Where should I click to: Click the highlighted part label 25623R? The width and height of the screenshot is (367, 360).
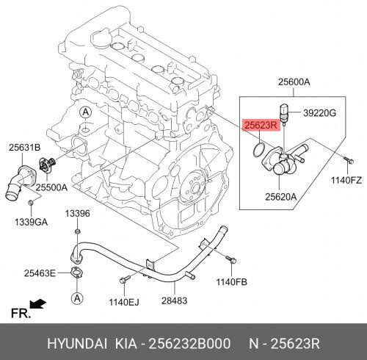click(x=261, y=125)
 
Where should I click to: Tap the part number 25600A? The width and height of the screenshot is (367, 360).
click(x=294, y=82)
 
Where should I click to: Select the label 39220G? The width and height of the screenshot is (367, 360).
click(x=319, y=113)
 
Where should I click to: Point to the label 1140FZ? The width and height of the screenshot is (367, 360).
click(x=346, y=181)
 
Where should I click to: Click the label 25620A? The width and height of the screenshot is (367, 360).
click(x=281, y=197)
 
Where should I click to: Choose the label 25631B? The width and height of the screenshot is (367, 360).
click(x=25, y=148)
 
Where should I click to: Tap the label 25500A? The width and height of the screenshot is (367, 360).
click(x=51, y=187)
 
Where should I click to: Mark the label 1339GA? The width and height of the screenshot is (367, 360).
click(x=31, y=222)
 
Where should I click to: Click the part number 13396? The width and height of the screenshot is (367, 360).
click(x=77, y=214)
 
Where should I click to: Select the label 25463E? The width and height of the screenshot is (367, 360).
click(x=40, y=273)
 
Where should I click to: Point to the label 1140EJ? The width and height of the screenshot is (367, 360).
click(x=124, y=302)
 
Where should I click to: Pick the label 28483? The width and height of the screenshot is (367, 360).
click(x=174, y=300)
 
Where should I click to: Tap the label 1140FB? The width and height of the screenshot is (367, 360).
click(x=231, y=282)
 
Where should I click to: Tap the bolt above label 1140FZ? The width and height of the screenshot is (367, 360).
click(x=349, y=160)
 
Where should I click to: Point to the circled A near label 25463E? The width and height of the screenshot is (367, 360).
click(x=77, y=298)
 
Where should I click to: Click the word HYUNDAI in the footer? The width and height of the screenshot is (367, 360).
click(x=77, y=343)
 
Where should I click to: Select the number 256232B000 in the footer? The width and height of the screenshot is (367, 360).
click(x=189, y=343)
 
